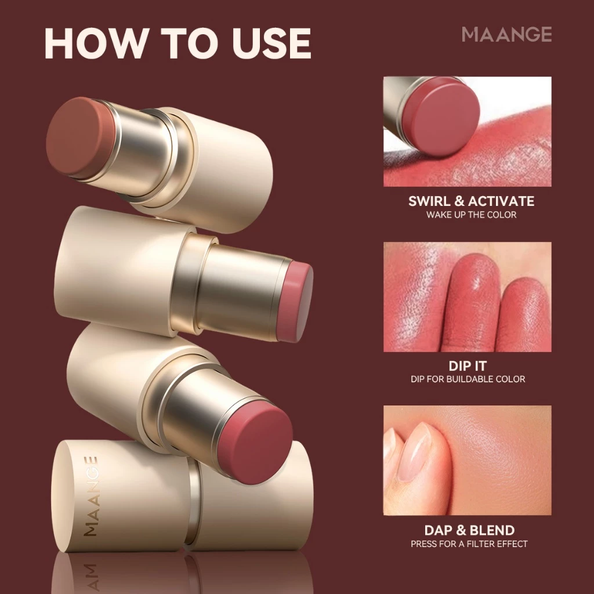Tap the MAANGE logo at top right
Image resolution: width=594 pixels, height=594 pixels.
506,35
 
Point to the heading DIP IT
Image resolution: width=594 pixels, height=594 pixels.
467,366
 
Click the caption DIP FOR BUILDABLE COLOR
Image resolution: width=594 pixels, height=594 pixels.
467,379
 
